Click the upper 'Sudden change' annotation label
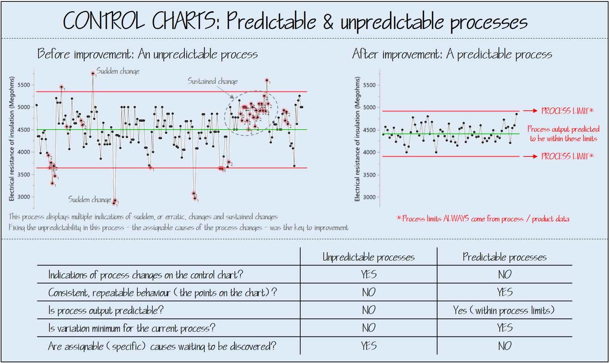pos(117,71)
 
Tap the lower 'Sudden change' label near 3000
pos(89,200)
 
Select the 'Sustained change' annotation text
pos(212,81)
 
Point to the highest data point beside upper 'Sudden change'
pos(93,73)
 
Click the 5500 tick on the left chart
pos(24,85)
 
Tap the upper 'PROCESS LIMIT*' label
pos(567,111)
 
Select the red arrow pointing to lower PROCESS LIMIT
pos(530,156)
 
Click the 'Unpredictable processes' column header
pos(368,257)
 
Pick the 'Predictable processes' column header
pos(504,257)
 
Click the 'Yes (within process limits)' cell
pos(504,310)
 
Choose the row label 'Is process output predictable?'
pos(106,310)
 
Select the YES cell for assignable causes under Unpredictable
pos(368,346)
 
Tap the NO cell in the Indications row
pos(504,275)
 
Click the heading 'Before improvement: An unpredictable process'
pos(147,54)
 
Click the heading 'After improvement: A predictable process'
pos(452,54)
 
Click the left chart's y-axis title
pos(12,139)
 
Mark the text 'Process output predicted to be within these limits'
pos(563,134)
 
